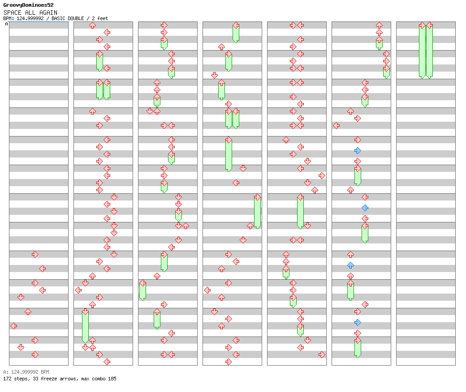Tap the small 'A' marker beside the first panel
pos(6,24)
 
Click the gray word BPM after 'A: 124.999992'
pos(44,372)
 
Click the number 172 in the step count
pos(7,379)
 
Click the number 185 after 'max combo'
pos(112,379)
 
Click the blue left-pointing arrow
pos(365,208)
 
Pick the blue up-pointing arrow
pos(350,265)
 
